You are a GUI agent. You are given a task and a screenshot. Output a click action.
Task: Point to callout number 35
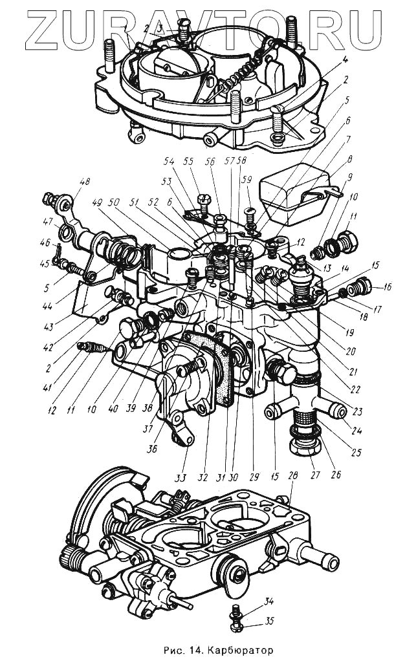[270, 622]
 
